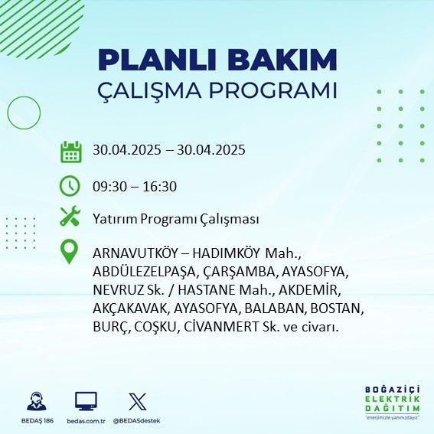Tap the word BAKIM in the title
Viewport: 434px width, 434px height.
[x=282, y=60]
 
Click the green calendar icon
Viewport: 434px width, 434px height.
[x=71, y=152]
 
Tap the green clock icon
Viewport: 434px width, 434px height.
[x=70, y=186]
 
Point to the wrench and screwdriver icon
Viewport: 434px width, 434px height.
[x=70, y=216]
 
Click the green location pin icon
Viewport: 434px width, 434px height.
[x=69, y=251]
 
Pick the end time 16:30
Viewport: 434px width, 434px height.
[x=160, y=187]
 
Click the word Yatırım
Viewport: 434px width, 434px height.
[x=115, y=219]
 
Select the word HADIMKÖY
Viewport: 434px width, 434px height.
[x=226, y=253]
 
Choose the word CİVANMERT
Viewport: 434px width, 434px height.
[x=221, y=327]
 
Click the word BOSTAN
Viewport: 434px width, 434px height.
[x=337, y=308]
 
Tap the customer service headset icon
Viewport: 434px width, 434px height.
[x=37, y=401]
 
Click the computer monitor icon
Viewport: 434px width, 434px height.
[x=86, y=401]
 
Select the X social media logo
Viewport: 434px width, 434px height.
[x=138, y=401]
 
